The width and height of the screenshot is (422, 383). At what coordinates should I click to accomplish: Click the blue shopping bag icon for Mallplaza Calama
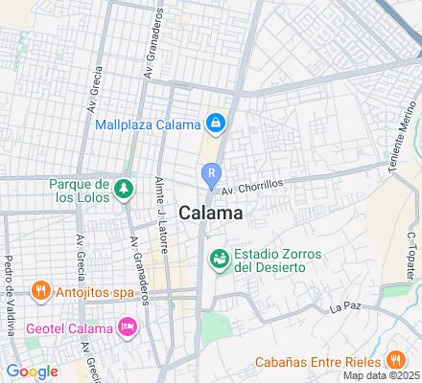tap(218, 124)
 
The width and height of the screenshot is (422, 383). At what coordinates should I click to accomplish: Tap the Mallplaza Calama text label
tap(148, 124)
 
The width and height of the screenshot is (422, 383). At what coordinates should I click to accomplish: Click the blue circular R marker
tap(212, 173)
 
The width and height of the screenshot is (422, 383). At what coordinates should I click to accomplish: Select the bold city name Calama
tap(210, 214)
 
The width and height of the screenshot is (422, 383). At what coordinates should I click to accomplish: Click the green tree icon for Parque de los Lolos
tap(122, 189)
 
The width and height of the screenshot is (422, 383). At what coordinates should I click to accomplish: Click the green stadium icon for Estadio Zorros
tap(220, 259)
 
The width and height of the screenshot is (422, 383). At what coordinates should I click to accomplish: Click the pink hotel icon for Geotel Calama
tap(127, 327)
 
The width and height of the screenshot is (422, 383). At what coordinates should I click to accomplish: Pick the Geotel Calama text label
tap(66, 327)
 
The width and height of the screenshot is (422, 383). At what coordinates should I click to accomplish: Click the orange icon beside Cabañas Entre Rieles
tap(394, 362)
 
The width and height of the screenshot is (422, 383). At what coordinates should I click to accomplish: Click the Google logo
tap(32, 371)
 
